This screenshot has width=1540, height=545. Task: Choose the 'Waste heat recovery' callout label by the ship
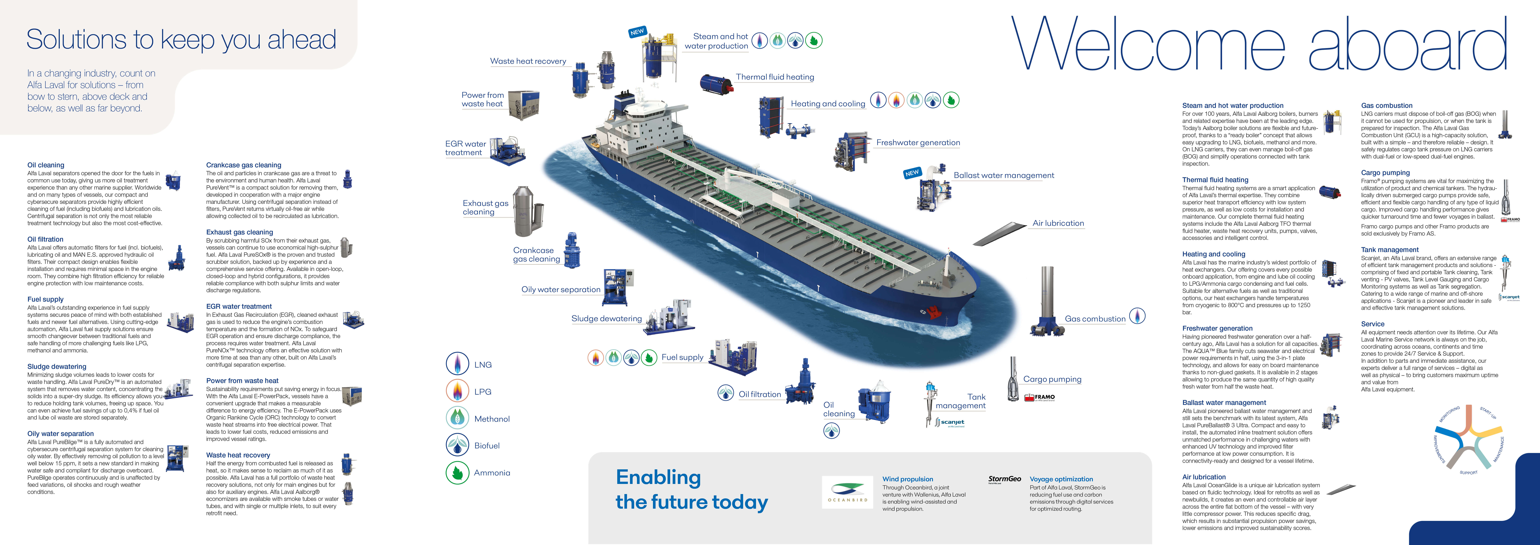point(528,61)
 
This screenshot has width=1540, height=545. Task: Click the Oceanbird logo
point(847,492)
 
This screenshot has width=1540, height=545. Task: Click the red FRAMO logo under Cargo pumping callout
point(1040,397)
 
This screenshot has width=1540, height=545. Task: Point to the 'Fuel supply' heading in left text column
point(45,299)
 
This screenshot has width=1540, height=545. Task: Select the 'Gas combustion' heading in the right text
point(1386,105)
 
